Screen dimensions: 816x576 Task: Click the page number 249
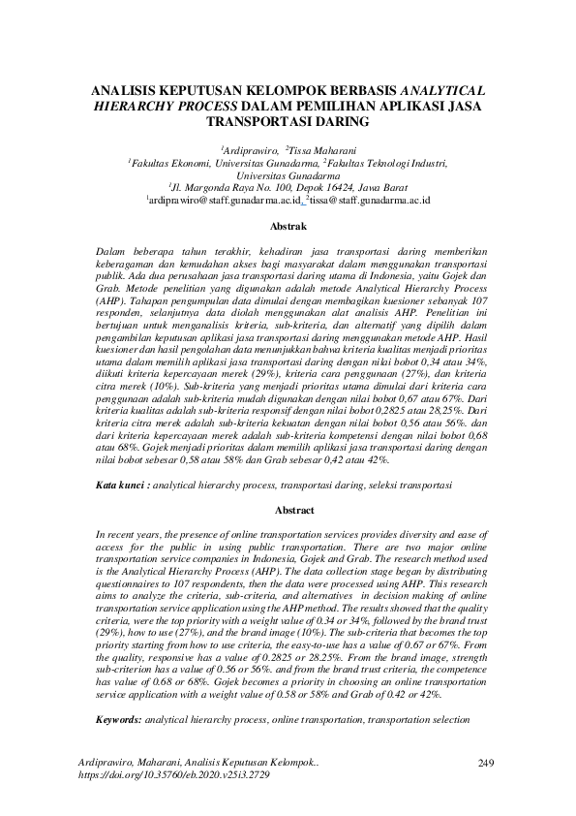click(x=486, y=764)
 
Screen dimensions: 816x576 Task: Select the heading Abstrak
click(x=288, y=226)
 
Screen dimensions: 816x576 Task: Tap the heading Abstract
click(x=288, y=509)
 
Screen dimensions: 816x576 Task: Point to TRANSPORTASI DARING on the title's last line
click(x=288, y=123)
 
